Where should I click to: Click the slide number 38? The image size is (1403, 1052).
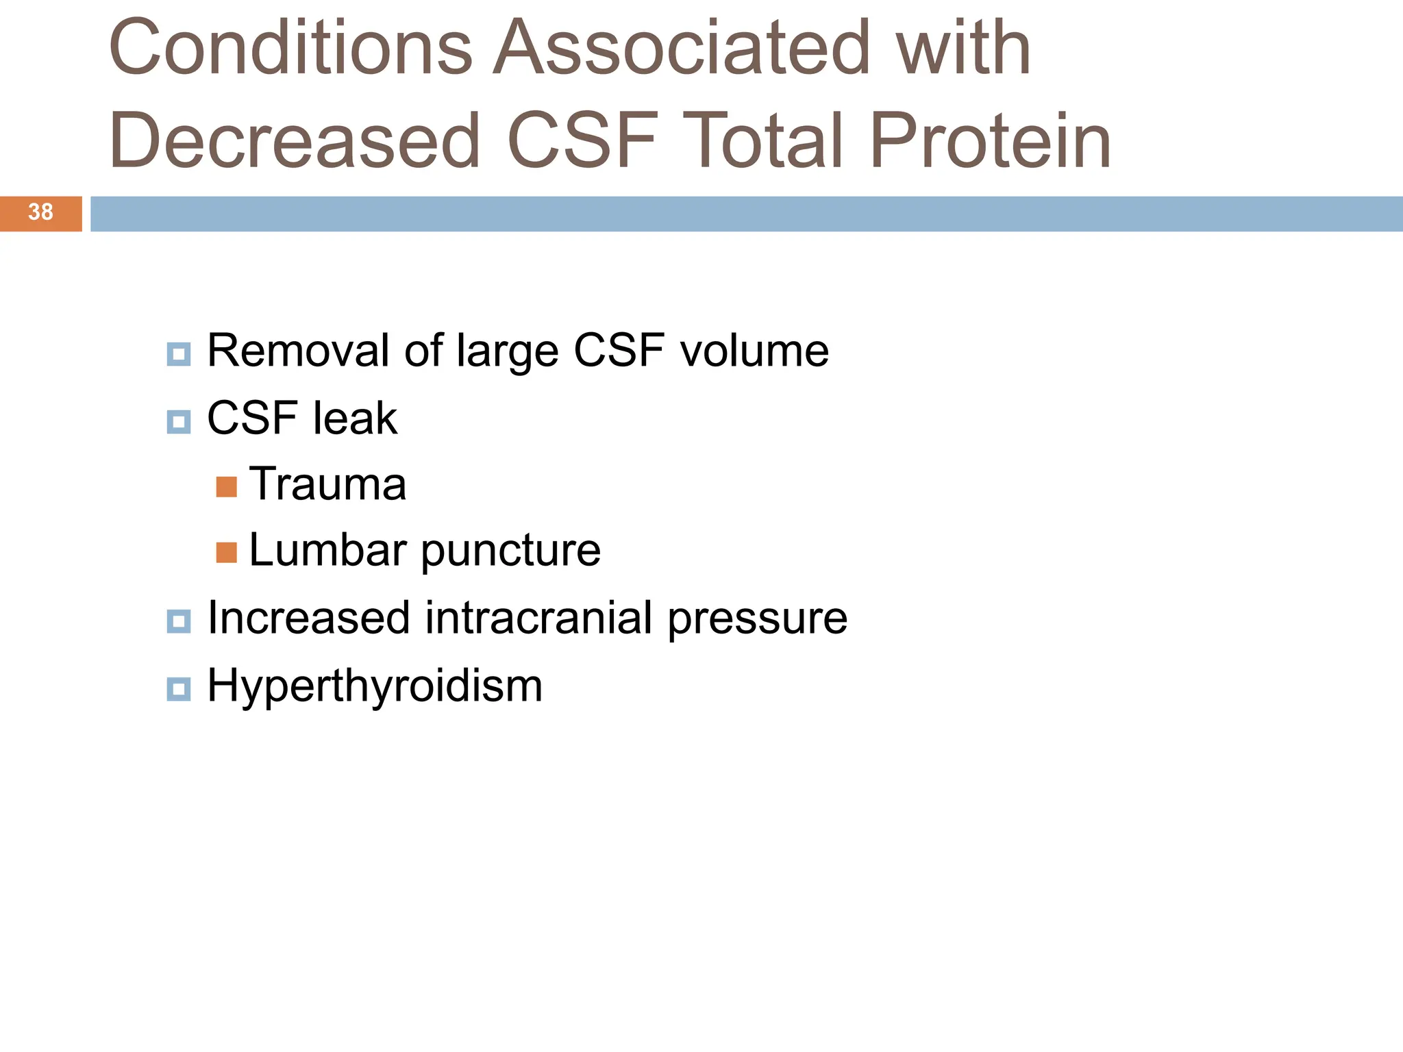[x=40, y=212]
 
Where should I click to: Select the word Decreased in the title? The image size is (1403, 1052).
[x=295, y=141]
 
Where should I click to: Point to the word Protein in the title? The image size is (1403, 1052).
[x=989, y=141]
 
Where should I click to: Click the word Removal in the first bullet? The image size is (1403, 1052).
[x=299, y=351]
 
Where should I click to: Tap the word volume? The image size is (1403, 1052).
[x=754, y=351]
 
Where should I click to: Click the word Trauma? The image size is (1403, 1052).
[x=327, y=484]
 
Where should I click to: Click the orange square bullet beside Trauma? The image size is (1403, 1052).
[x=226, y=487]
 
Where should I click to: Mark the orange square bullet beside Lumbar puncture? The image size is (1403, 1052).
[x=226, y=553]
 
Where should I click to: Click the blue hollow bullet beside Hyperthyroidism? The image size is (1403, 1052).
[x=179, y=689]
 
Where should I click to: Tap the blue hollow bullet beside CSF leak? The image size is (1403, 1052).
[x=179, y=422]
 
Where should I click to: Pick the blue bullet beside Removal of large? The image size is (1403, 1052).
[x=179, y=355]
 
